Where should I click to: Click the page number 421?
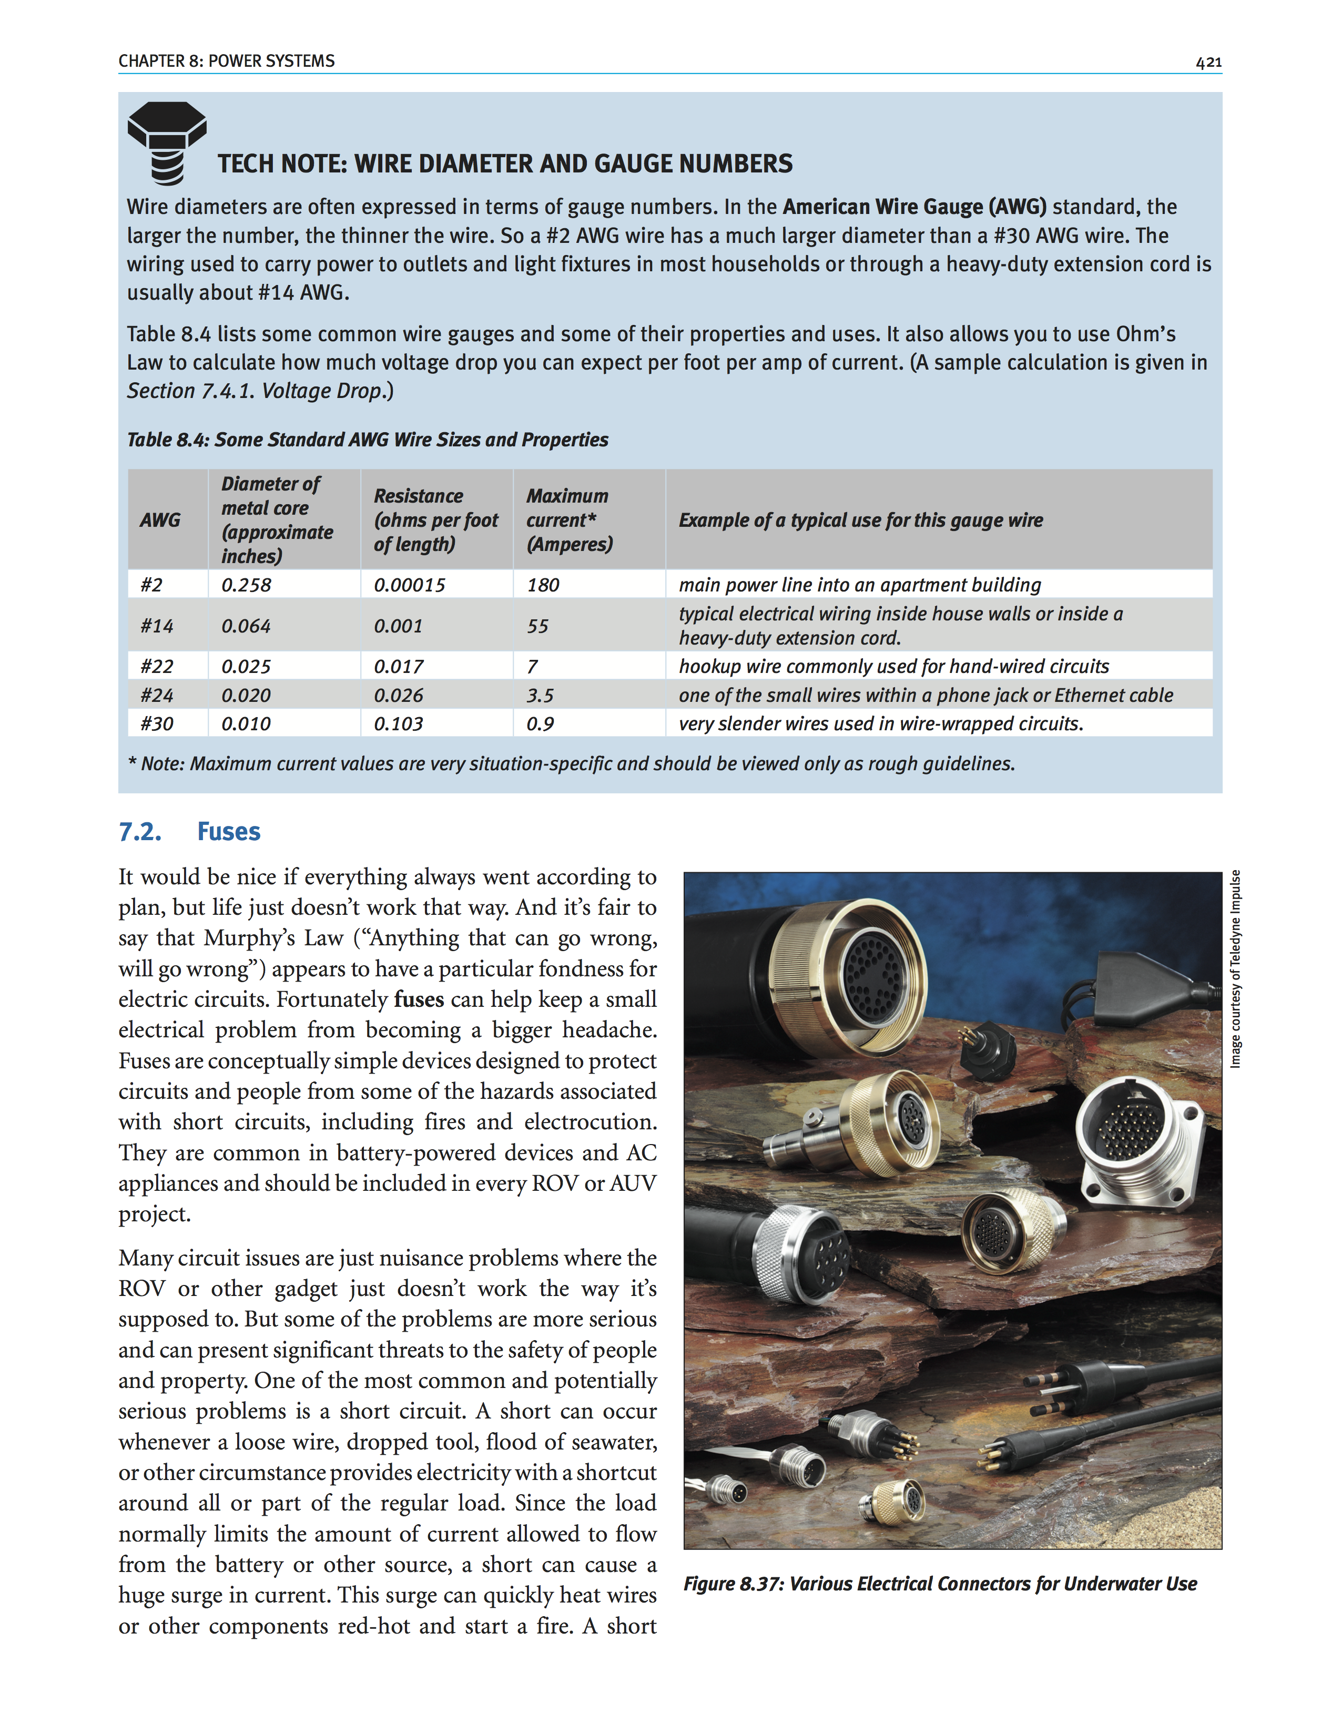(x=1208, y=62)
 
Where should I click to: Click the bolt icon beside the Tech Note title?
(x=167, y=142)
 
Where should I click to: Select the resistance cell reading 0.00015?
(x=409, y=585)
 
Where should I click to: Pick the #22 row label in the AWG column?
(x=157, y=667)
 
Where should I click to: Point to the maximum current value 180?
(x=543, y=585)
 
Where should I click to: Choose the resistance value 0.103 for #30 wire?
(x=398, y=723)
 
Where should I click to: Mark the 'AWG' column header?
(x=160, y=519)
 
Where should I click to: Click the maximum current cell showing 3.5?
(x=540, y=695)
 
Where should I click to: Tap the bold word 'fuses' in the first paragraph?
(x=418, y=999)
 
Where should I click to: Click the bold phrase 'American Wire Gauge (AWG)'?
(x=914, y=207)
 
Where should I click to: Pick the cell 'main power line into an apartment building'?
(x=859, y=585)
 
